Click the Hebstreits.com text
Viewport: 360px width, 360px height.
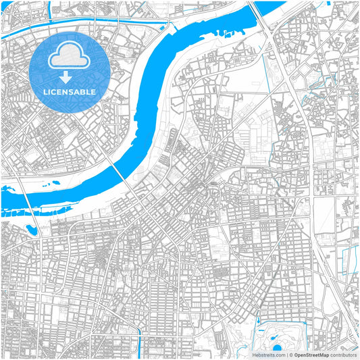click(269, 354)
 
